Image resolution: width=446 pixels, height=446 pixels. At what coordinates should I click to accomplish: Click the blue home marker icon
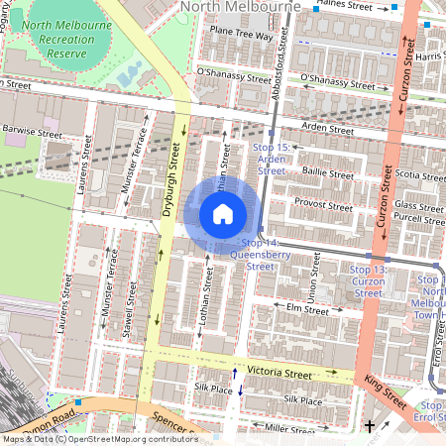pyautogui.click(x=223, y=213)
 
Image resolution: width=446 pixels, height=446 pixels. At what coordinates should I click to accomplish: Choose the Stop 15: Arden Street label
pyautogui.click(x=272, y=159)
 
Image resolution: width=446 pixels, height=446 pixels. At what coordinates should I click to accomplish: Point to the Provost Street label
pyautogui.click(x=323, y=207)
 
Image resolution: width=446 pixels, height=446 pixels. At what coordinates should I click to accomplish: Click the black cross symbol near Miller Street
pyautogui.click(x=370, y=426)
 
